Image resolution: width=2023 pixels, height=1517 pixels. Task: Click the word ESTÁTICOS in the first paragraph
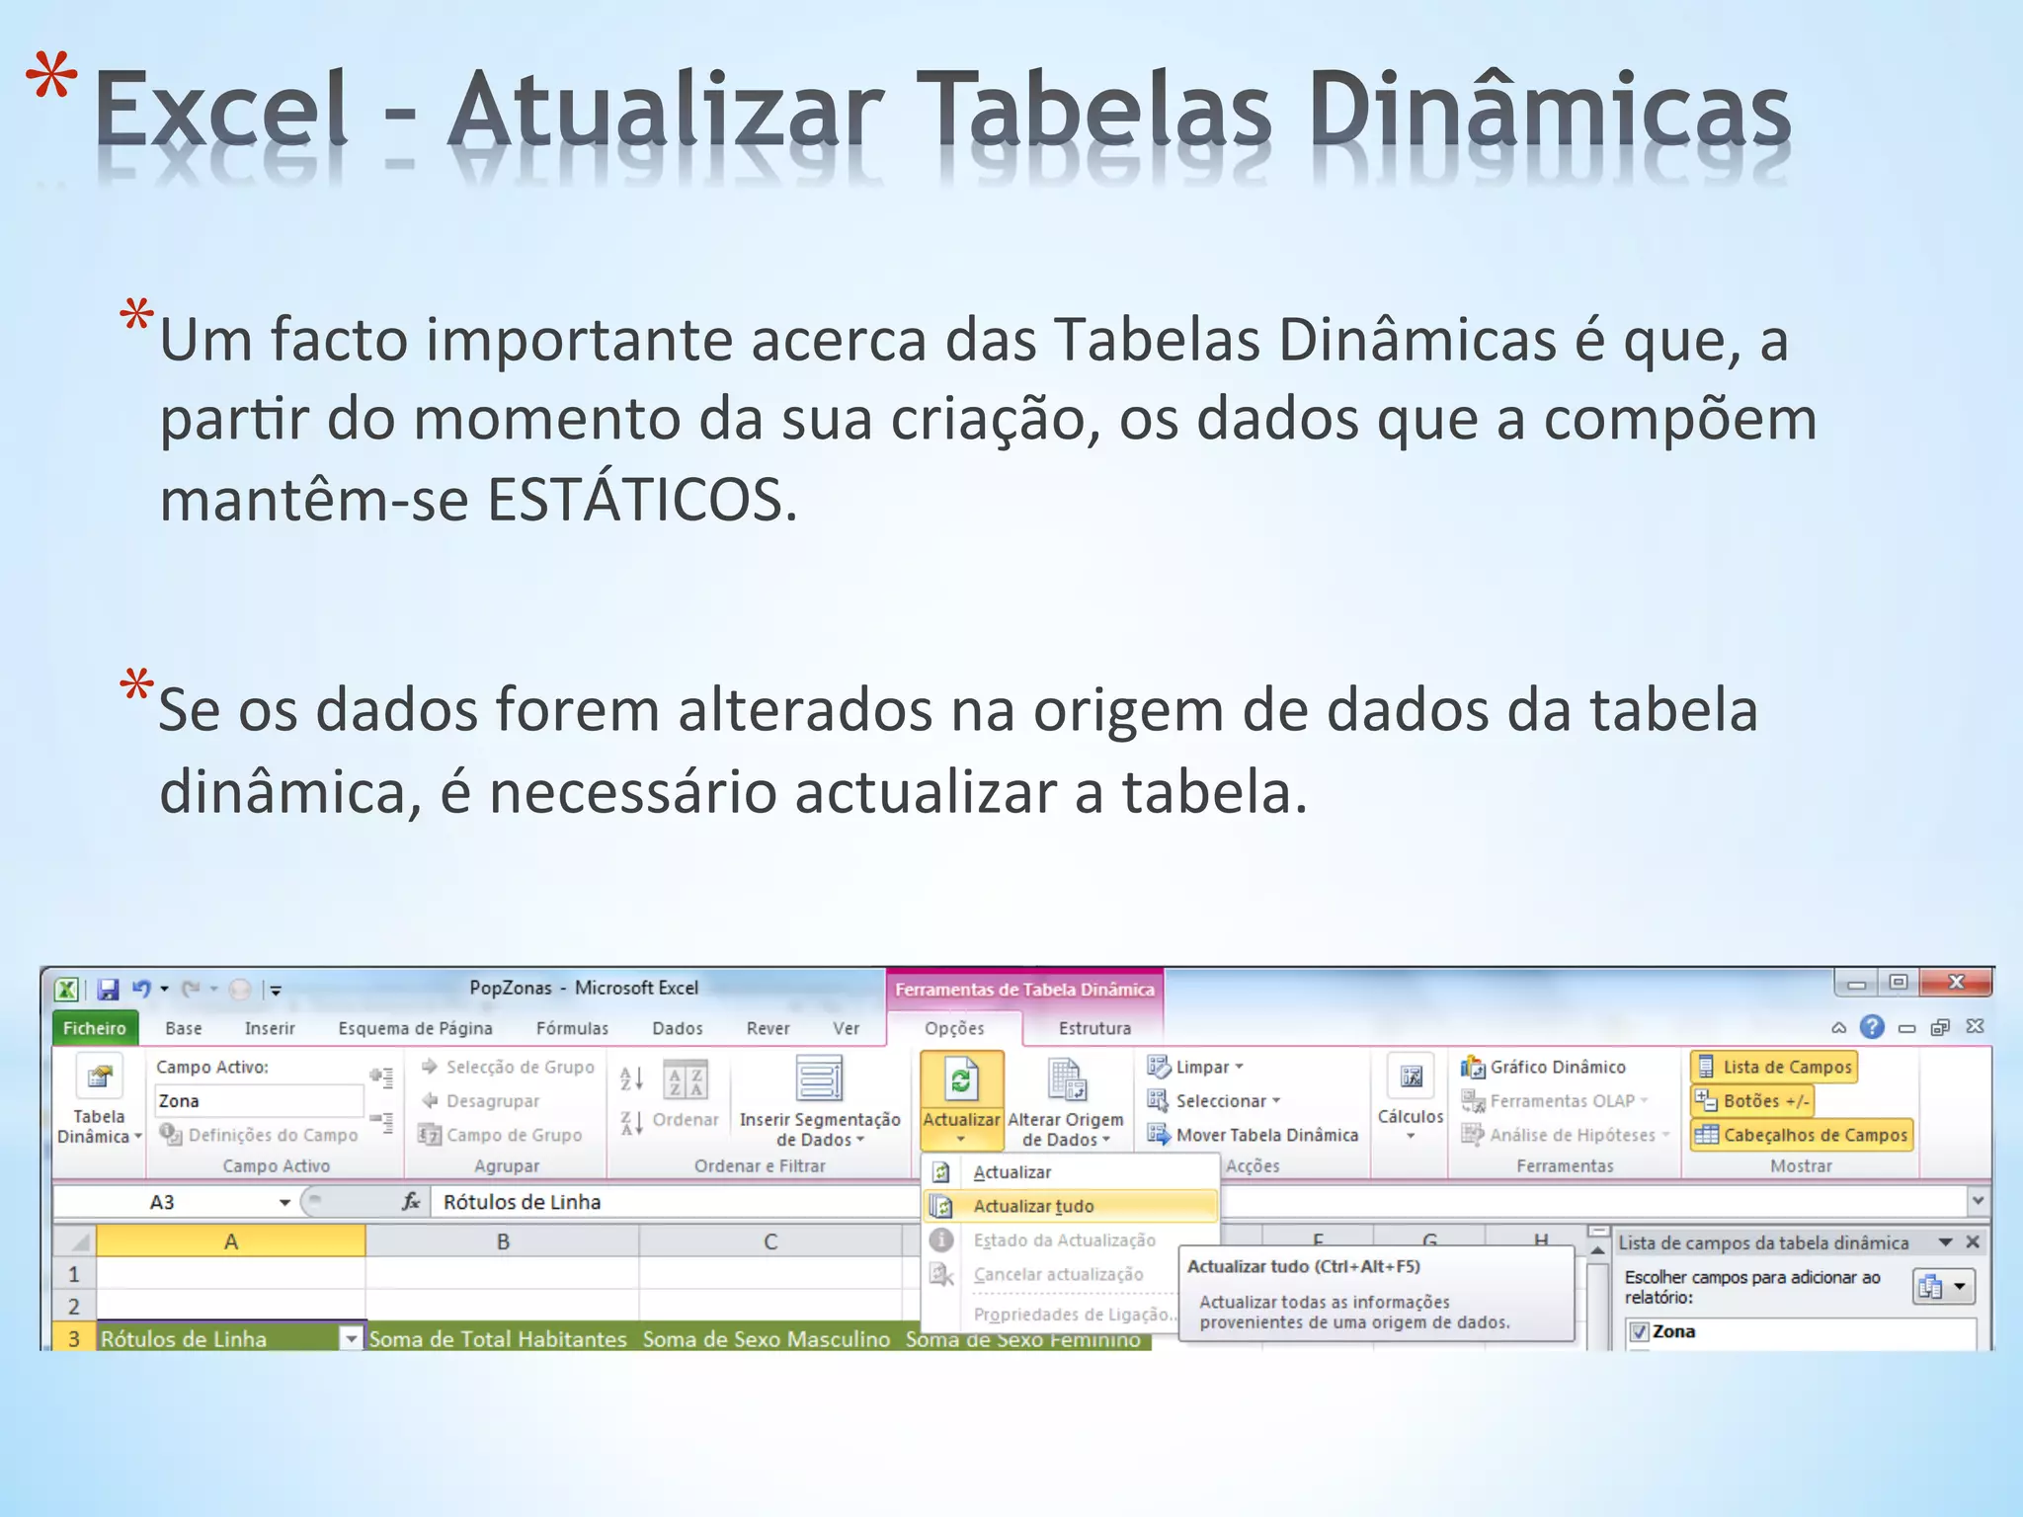tap(642, 501)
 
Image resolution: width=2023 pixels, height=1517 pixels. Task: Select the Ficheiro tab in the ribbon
tap(95, 1028)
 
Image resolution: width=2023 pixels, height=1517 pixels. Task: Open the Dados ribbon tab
tap(677, 1028)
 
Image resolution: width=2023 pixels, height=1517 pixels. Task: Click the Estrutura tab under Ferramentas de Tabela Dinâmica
tap(1094, 1028)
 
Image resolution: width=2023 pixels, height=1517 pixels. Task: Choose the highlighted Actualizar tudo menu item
tap(1033, 1206)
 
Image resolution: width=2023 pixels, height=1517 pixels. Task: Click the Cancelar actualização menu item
tap(1058, 1274)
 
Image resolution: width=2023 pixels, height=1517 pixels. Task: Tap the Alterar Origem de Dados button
tap(1066, 1101)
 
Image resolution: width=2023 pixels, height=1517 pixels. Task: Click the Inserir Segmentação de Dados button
tap(820, 1101)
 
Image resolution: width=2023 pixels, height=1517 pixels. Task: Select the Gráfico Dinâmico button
tap(1557, 1067)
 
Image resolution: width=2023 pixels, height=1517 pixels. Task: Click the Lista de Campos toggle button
tap(1775, 1067)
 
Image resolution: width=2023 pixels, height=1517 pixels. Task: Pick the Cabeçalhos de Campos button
tap(1803, 1135)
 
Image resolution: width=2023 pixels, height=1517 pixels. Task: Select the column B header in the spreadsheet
tap(503, 1241)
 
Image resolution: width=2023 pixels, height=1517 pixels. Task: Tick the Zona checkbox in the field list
tap(1640, 1331)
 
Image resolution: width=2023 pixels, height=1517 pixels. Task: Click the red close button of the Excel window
tap(1956, 983)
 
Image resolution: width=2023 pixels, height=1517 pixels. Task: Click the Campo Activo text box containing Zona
tap(259, 1100)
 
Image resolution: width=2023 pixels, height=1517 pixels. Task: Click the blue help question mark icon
tap(1872, 1027)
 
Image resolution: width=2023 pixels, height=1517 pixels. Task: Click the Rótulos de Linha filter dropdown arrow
tap(351, 1338)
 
